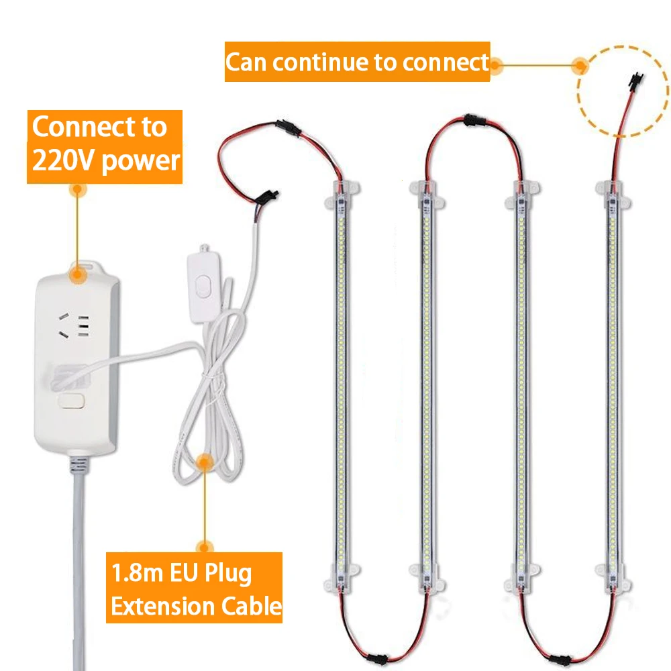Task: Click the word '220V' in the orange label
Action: pyautogui.click(x=62, y=161)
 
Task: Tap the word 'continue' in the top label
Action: pyautogui.click(x=333, y=62)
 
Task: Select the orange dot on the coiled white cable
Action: pyautogui.click(x=205, y=461)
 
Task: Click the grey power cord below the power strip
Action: pyautogui.click(x=79, y=570)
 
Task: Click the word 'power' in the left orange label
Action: pyautogui.click(x=142, y=161)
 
